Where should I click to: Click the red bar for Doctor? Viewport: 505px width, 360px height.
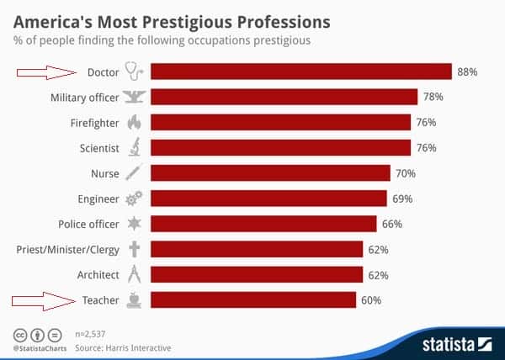pyautogui.click(x=301, y=72)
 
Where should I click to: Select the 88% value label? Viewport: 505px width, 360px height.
pyautogui.click(x=467, y=72)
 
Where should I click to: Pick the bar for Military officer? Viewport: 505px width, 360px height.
pyautogui.click(x=284, y=98)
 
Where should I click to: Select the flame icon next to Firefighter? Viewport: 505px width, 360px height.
pyautogui.click(x=134, y=123)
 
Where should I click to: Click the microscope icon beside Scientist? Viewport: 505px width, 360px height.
pyautogui.click(x=134, y=148)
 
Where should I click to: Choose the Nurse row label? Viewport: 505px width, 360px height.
pyautogui.click(x=104, y=173)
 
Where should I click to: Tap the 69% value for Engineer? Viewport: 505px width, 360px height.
pyautogui.click(x=400, y=199)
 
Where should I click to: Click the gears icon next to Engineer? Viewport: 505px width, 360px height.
pyautogui.click(x=134, y=199)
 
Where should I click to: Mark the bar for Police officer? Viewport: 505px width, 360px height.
pyautogui.click(x=263, y=224)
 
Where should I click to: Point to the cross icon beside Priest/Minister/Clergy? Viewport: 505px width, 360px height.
pyautogui.click(x=134, y=249)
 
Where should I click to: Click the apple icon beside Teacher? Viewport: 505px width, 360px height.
pyautogui.click(x=134, y=299)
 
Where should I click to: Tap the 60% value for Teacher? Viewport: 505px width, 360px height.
pyautogui.click(x=371, y=299)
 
